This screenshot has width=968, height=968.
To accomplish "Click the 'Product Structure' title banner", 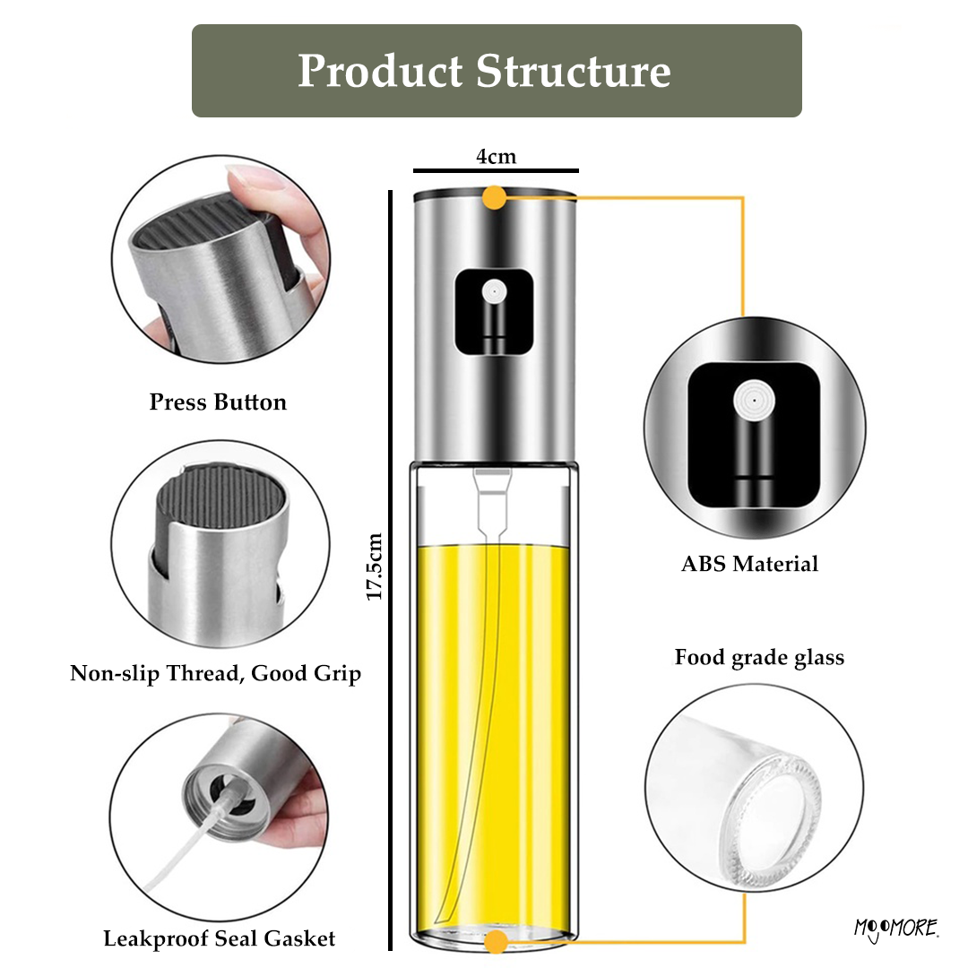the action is (497, 71).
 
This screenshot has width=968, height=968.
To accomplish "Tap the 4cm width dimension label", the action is (496, 157).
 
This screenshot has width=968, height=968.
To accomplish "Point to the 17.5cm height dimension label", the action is (374, 566).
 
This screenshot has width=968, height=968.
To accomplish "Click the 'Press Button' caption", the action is (218, 402).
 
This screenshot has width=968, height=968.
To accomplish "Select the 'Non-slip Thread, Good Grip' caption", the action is (215, 673).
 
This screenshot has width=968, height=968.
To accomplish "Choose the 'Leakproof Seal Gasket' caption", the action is (220, 938).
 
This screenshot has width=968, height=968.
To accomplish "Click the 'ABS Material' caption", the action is (749, 564).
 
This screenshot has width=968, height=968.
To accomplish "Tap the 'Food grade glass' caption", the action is (759, 658).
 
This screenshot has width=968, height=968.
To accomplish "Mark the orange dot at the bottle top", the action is (494, 197).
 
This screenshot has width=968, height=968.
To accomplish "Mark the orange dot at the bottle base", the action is (495, 942).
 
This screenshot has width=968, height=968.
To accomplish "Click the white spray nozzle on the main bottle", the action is (495, 291).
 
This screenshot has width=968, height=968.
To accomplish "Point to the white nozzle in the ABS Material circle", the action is (755, 401).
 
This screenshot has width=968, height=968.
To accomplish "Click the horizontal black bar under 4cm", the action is (496, 170).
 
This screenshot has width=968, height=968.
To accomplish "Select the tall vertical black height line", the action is (390, 570).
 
